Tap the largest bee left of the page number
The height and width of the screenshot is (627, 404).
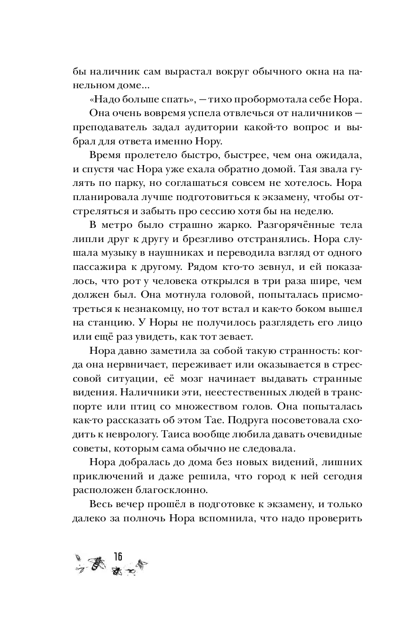[99, 561]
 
